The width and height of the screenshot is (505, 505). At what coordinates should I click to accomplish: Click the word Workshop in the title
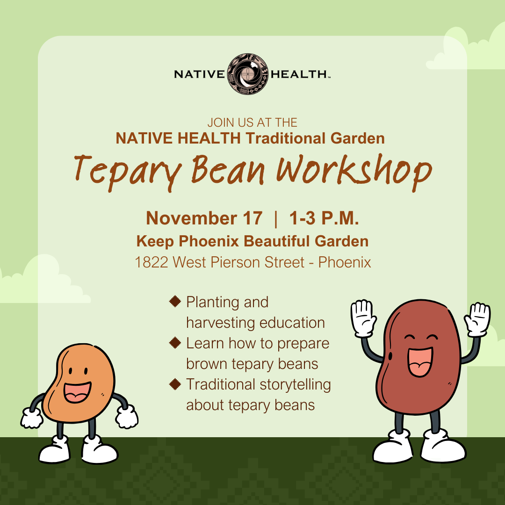354,171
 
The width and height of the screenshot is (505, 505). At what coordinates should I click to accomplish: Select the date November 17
204,219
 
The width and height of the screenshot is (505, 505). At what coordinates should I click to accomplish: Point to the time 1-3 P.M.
324,219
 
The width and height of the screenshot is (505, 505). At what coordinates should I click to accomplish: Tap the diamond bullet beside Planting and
175,302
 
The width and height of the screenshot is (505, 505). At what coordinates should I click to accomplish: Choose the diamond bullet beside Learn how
175,343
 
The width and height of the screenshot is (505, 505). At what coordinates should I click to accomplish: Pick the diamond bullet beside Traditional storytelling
175,384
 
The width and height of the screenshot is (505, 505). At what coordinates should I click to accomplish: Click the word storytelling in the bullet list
294,384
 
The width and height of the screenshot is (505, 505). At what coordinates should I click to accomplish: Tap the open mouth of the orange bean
77,392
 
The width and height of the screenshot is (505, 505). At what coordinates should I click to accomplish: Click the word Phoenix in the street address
345,262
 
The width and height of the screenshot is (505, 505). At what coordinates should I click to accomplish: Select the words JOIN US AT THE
252,123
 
